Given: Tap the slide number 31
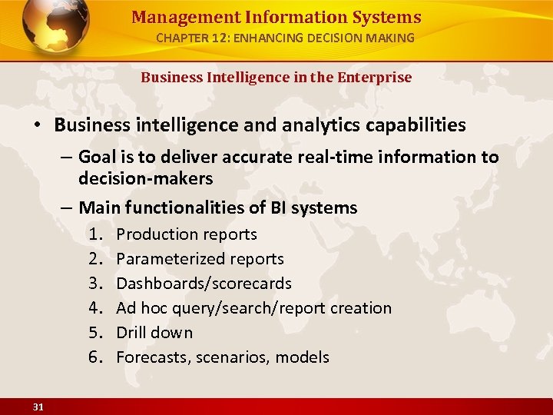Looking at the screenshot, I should (38, 407).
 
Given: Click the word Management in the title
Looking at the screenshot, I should (172, 17).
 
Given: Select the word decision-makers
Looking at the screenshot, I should (145, 178).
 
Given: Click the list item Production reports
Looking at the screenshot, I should (187, 234).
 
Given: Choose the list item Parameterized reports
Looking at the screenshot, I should (200, 258).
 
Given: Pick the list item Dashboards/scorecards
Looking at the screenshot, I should (204, 283).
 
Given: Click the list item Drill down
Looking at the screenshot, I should (154, 332).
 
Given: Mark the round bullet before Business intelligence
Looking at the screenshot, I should (40, 124).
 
